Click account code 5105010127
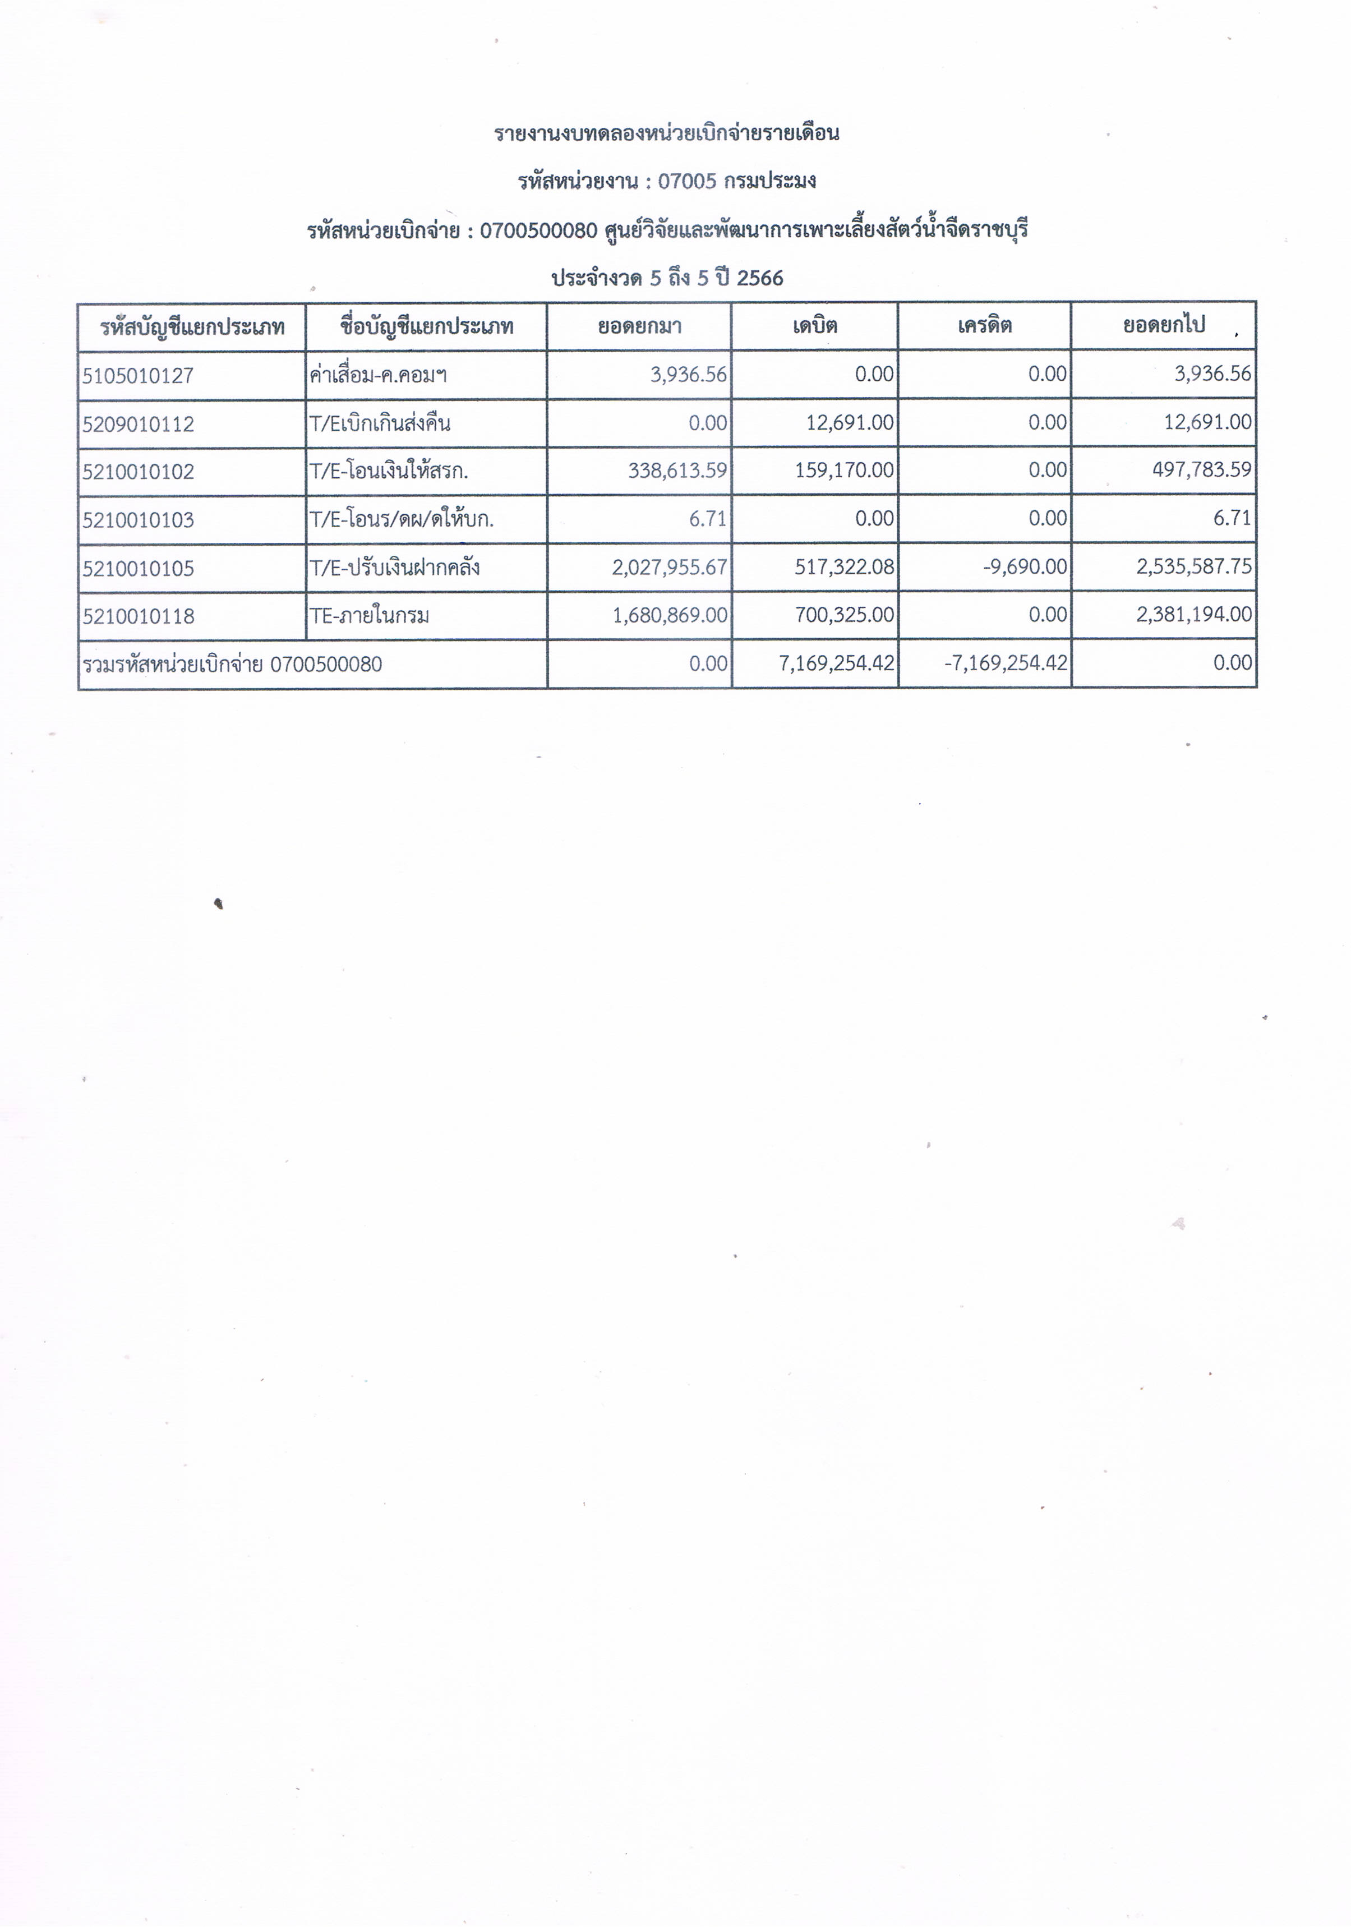[x=137, y=375]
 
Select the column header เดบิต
[x=814, y=326]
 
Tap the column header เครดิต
[x=984, y=326]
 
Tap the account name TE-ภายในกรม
[x=369, y=616]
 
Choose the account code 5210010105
[x=137, y=568]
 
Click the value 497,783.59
[x=1202, y=470]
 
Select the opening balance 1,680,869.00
[x=670, y=615]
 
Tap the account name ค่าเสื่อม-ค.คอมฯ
[x=377, y=375]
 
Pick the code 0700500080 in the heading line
[x=538, y=230]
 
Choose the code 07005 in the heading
[x=686, y=181]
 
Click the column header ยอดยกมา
[x=639, y=326]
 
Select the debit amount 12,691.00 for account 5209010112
[x=849, y=422]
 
